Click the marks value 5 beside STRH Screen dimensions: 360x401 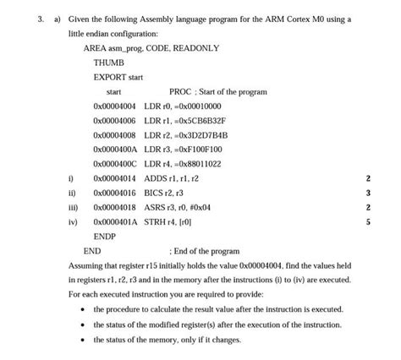tap(367, 222)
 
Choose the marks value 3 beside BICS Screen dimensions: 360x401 tap(367, 193)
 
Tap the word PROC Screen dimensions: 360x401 tap(180, 91)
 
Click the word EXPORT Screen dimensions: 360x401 tap(109, 77)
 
